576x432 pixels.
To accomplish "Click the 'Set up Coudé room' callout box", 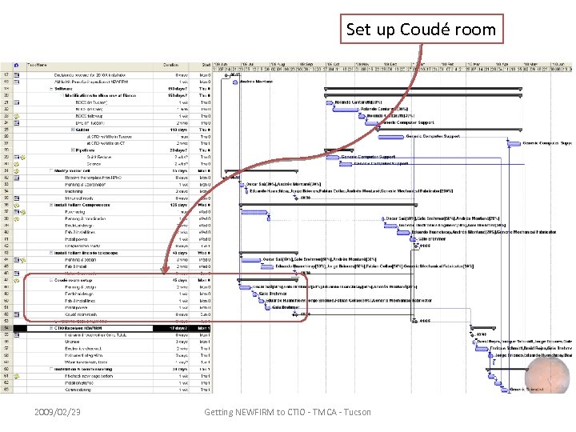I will point(421,30).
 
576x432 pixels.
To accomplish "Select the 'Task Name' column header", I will point(38,64).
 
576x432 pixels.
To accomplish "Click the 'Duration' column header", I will point(170,64).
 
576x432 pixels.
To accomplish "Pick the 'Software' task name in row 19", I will point(65,88).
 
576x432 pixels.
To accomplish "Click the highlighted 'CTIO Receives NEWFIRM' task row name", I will point(79,327).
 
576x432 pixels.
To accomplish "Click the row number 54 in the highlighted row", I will point(6,327).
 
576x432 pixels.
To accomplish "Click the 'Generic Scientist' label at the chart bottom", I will point(525,389).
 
